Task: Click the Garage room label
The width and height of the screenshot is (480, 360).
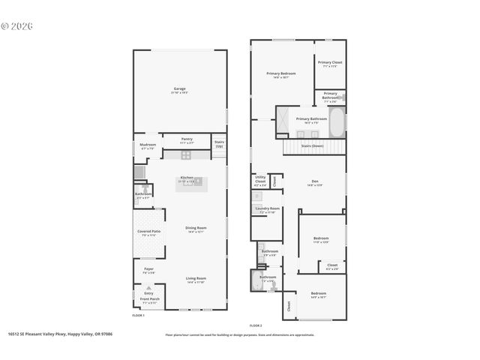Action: (x=180, y=89)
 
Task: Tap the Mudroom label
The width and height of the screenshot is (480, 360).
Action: (x=147, y=145)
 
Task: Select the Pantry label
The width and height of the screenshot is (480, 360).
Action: (x=187, y=139)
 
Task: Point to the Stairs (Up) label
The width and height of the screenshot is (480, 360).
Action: (x=219, y=143)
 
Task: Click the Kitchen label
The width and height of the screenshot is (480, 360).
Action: (x=186, y=178)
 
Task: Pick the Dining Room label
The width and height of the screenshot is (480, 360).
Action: (x=196, y=229)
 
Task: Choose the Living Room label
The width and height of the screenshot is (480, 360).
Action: (x=196, y=280)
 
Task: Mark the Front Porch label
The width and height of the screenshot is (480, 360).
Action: (x=149, y=300)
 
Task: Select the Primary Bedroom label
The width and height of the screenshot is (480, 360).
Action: (x=281, y=74)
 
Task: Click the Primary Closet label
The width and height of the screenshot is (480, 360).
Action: (x=330, y=64)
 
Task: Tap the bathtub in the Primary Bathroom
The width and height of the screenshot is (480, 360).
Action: (x=337, y=121)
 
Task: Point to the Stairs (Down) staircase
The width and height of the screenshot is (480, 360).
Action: (x=313, y=145)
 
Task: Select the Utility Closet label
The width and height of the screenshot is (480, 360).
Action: (x=260, y=181)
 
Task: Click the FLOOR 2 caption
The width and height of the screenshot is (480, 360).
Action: (x=256, y=325)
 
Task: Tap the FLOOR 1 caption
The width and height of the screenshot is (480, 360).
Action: (x=138, y=316)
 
